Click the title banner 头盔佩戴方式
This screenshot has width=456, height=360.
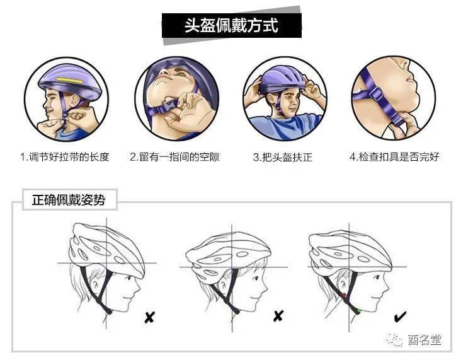(232, 25)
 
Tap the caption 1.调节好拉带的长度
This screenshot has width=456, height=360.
(65, 157)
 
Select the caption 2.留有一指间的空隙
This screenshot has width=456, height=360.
(175, 157)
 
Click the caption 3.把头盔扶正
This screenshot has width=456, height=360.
(283, 158)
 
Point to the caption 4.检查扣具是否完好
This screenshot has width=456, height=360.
(394, 157)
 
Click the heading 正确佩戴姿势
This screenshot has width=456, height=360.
(69, 200)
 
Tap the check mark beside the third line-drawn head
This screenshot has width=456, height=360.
(400, 316)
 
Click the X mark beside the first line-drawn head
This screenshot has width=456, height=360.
(149, 317)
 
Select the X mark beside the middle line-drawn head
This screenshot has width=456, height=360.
(278, 316)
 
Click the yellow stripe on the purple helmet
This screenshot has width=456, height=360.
(69, 79)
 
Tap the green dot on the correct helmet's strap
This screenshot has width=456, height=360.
(358, 311)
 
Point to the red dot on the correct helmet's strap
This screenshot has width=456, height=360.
(344, 296)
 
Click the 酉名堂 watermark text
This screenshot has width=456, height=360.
(425, 339)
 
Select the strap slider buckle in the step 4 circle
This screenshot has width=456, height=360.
(375, 94)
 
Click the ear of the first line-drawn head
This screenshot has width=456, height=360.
(95, 286)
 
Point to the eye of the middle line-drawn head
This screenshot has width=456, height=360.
(256, 279)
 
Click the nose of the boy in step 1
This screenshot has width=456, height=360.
(45, 103)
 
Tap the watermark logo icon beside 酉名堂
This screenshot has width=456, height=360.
(395, 339)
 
